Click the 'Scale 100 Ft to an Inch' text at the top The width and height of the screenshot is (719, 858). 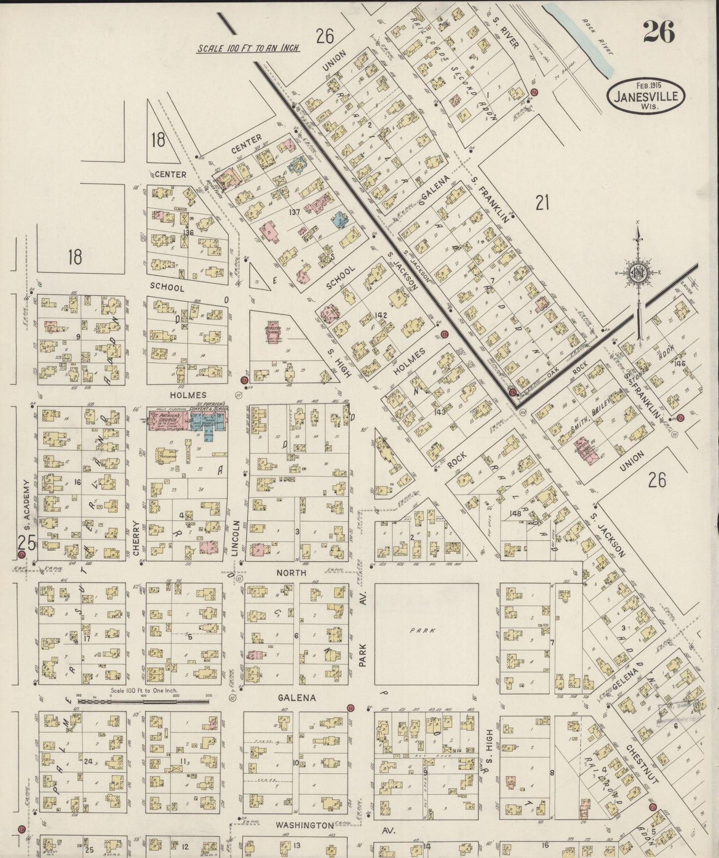248,48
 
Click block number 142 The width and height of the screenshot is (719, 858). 381,315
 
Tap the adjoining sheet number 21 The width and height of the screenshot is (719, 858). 542,203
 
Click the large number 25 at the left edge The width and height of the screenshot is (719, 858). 26,543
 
